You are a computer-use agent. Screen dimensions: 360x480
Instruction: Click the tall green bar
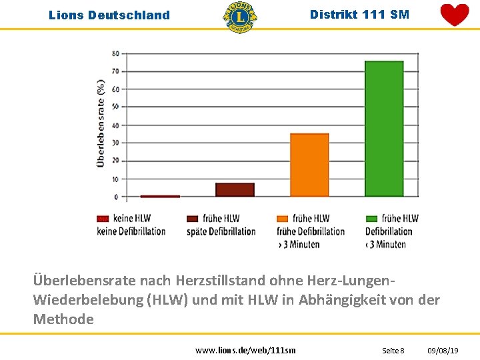click(383, 128)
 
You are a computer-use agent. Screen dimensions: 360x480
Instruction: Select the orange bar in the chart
click(309, 165)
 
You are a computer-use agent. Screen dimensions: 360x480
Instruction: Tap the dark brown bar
click(235, 189)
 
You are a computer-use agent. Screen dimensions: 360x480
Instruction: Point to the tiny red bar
click(160, 196)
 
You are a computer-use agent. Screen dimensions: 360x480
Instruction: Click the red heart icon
click(455, 15)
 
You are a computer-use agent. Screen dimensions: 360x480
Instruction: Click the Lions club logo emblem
click(239, 17)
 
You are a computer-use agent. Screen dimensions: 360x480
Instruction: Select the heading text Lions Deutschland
click(109, 15)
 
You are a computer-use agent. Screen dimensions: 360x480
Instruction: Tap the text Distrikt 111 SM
click(360, 14)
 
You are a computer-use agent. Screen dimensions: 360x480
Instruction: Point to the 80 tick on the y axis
click(116, 53)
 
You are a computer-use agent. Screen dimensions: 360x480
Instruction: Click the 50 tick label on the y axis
click(116, 107)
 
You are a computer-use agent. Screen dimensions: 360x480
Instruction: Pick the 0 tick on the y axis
click(116, 197)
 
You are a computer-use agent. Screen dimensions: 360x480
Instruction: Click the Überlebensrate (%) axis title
click(101, 123)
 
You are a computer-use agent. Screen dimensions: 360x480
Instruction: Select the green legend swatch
click(371, 218)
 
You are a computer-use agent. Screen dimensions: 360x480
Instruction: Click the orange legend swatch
click(282, 218)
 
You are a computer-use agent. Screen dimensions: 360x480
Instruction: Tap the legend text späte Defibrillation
click(221, 231)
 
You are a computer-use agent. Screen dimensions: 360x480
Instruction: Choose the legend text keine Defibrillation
click(131, 231)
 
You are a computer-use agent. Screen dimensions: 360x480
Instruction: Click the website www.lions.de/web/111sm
click(245, 350)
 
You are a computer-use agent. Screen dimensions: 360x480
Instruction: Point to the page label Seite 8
click(393, 350)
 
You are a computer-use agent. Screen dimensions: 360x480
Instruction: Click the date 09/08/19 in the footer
click(443, 350)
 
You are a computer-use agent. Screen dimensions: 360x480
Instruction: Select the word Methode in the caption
click(63, 319)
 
